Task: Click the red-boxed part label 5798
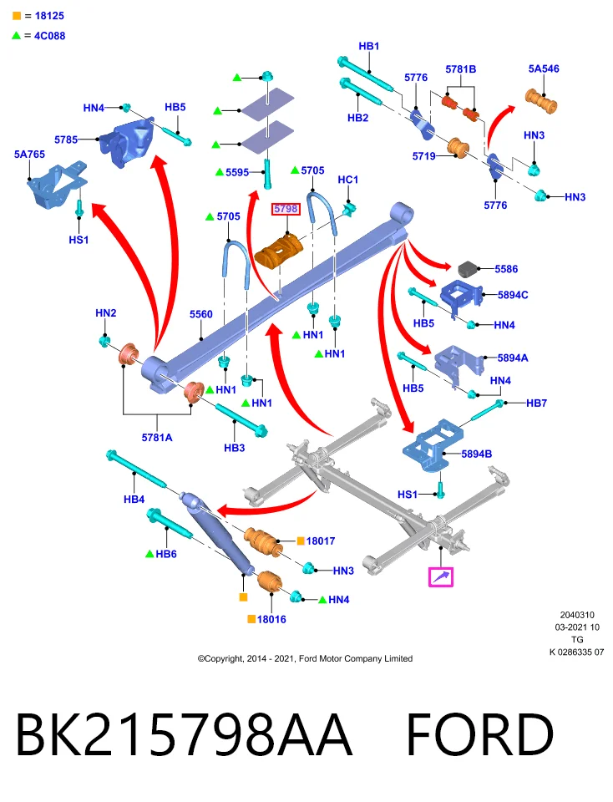[x=286, y=209]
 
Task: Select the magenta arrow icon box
[x=441, y=577]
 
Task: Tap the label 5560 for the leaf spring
[x=201, y=314]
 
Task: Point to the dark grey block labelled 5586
[x=469, y=268]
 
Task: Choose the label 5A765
[x=30, y=155]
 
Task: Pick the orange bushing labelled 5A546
[x=541, y=101]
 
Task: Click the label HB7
[x=536, y=403]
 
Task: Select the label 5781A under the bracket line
[x=157, y=437]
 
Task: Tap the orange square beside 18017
[x=301, y=541]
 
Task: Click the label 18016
[x=271, y=619]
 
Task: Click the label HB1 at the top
[x=368, y=46]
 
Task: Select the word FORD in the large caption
[x=480, y=734]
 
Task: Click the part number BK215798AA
[x=184, y=734]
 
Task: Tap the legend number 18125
[x=49, y=16]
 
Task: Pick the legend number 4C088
[x=49, y=36]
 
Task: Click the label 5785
[x=66, y=140]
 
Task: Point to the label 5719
[x=423, y=156]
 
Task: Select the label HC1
[x=348, y=180]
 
